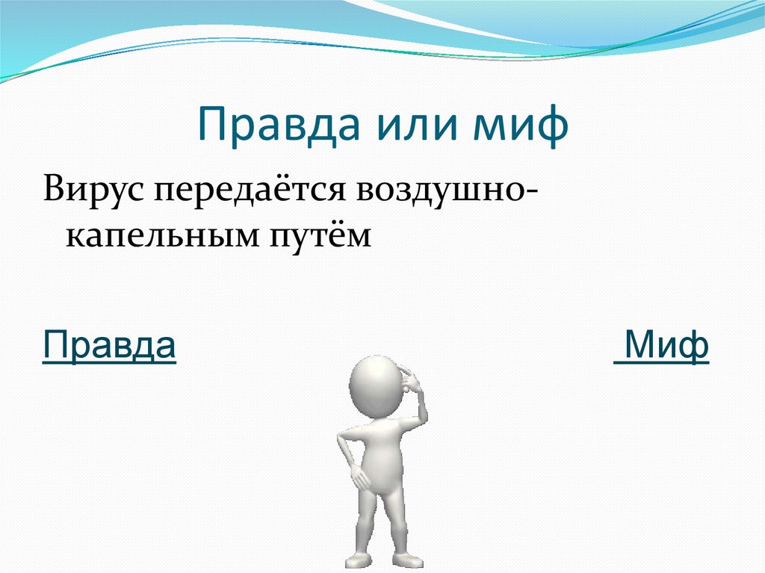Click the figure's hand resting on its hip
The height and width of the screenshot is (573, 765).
(359, 475)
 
